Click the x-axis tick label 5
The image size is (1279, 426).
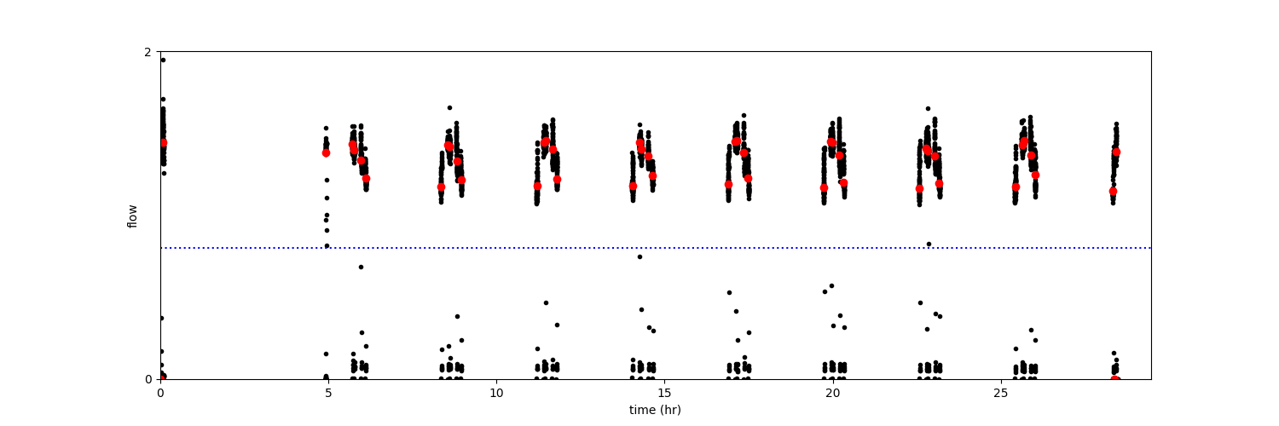pos(328,393)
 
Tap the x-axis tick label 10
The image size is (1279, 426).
pos(496,393)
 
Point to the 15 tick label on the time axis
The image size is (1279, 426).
pos(664,393)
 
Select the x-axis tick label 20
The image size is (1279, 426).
pos(832,393)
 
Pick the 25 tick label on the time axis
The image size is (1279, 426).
pos(1000,393)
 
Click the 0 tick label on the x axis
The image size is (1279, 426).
pos(160,393)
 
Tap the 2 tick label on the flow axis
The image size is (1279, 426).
pos(148,52)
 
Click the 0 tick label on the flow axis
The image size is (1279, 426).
pos(148,379)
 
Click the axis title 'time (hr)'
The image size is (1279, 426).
pos(655,410)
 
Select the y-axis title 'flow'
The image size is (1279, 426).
pos(132,216)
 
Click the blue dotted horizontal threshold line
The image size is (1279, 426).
pos(597,248)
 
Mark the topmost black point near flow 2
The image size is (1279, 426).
pos(163,60)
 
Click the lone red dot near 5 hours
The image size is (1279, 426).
pos(326,153)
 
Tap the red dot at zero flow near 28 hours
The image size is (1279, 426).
pos(1114,379)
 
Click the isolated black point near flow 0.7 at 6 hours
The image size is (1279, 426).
pos(361,267)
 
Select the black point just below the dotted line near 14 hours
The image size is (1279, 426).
pos(639,256)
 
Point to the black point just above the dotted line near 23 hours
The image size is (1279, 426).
pos(929,244)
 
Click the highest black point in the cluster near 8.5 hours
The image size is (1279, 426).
pos(449,107)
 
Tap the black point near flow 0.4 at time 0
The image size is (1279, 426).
pos(161,318)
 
